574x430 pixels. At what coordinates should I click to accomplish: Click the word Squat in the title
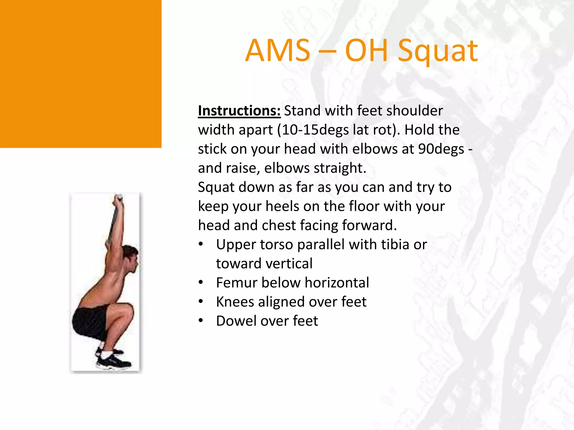(438, 51)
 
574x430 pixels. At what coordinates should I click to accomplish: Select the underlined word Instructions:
(239, 111)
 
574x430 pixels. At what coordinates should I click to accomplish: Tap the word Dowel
(236, 321)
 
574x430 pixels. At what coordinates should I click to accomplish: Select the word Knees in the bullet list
(235, 302)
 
